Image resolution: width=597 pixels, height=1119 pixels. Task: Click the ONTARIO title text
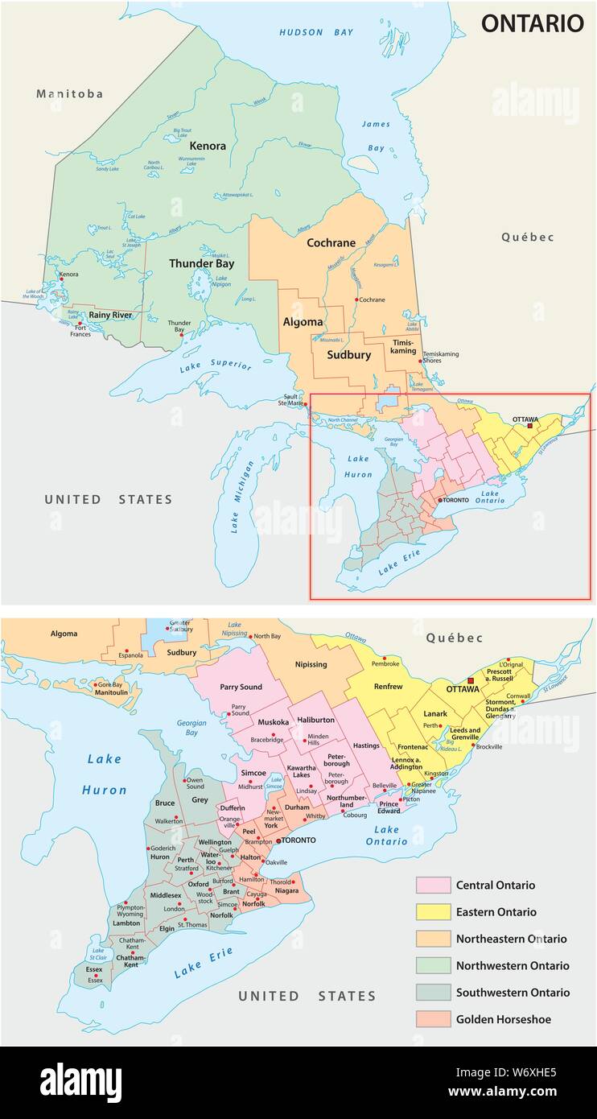tap(532, 24)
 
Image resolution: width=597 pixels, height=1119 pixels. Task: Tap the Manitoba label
tap(70, 94)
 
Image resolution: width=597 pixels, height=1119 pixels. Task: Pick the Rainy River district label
tap(110, 315)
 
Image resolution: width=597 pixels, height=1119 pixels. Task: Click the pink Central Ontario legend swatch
tap(432, 885)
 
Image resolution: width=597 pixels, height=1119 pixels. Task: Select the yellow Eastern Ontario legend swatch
tap(432, 911)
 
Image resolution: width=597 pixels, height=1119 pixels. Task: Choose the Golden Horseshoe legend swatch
tap(432, 1018)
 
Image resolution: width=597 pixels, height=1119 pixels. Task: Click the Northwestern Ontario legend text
tap(512, 965)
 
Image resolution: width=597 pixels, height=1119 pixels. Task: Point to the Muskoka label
tap(274, 722)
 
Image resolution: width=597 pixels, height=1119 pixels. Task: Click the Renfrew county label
tap(388, 687)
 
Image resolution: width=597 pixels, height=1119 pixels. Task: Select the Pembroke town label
tap(385, 663)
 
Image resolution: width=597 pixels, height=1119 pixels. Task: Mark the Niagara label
tap(286, 891)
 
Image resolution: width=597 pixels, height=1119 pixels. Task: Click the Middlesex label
tap(166, 895)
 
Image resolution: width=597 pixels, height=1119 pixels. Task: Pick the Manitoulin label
tap(111, 692)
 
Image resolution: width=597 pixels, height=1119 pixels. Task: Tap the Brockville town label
tap(488, 747)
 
